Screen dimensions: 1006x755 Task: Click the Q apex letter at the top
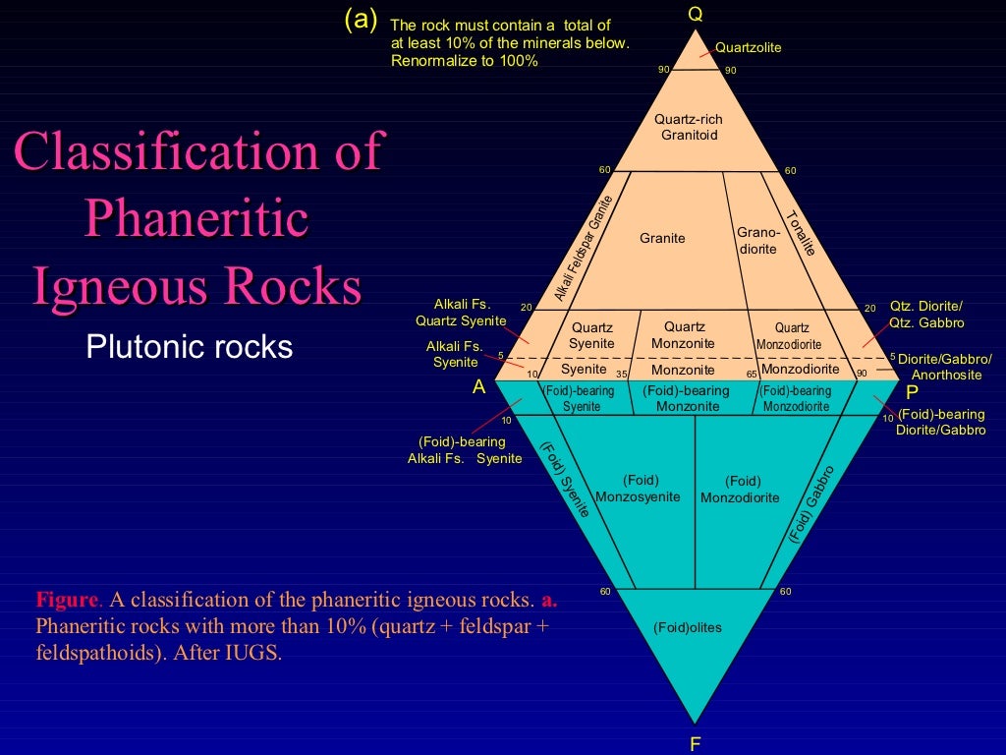[696, 14]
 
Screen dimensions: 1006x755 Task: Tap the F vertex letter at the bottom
[696, 743]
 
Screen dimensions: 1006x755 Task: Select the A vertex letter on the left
[479, 386]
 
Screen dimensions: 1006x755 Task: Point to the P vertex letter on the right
[912, 388]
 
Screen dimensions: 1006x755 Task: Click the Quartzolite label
[749, 47]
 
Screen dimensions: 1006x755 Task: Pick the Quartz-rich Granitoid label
[689, 127]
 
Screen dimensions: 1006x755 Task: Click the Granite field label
[662, 238]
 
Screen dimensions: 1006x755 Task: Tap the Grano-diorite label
[757, 241]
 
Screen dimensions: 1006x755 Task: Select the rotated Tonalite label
[802, 233]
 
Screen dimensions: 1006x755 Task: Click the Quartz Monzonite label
[684, 335]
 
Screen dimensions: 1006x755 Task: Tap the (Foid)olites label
[687, 627]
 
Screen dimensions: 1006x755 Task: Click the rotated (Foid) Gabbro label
[811, 503]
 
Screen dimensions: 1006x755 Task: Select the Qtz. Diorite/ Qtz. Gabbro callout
[925, 315]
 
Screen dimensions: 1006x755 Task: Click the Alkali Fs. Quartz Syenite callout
[461, 313]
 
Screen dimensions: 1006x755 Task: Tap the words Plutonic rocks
[190, 346]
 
